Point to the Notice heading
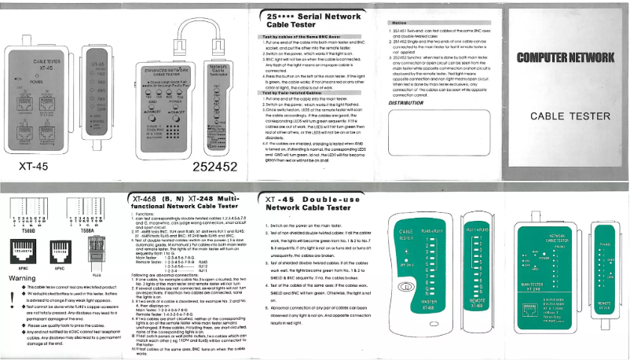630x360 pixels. coord(400,24)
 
